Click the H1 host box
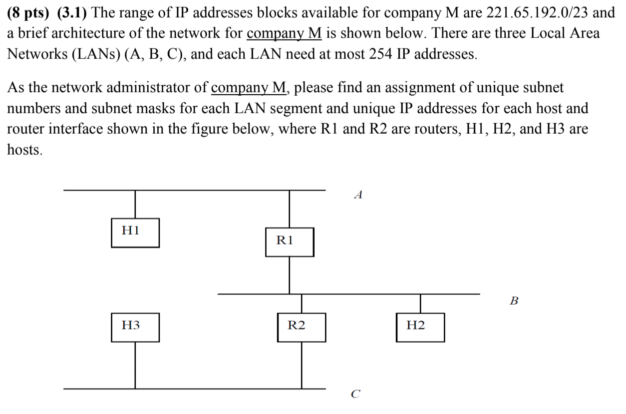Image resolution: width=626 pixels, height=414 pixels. (x=135, y=232)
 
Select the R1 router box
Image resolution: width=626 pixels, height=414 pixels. (x=290, y=242)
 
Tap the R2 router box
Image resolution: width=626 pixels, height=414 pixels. (x=301, y=327)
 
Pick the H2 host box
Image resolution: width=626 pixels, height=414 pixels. (x=420, y=327)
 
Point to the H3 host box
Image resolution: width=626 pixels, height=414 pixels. (x=135, y=327)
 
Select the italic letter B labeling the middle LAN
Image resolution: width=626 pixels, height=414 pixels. (x=514, y=301)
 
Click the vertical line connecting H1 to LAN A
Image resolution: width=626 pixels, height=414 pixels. (x=135, y=204)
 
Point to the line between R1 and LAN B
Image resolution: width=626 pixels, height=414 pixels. (x=290, y=275)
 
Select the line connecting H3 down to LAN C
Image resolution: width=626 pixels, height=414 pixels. (x=135, y=365)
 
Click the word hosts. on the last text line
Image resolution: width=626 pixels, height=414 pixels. (x=25, y=150)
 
